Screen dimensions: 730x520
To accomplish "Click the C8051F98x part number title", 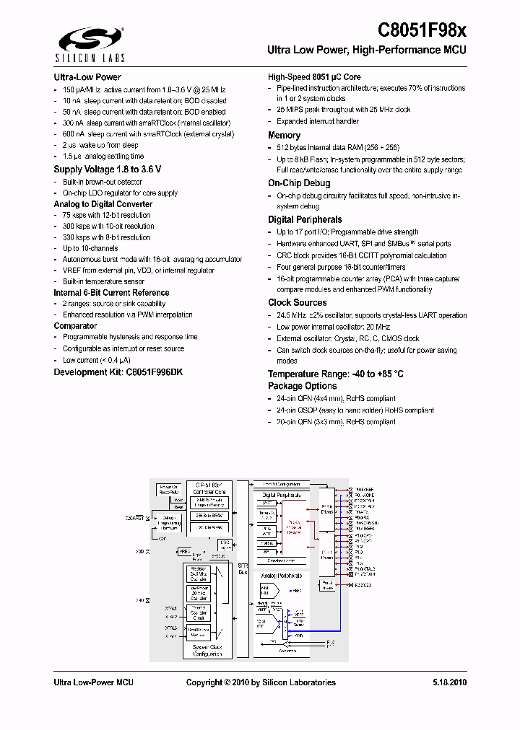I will coord(422,30).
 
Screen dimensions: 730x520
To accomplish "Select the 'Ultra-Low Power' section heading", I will coord(87,77).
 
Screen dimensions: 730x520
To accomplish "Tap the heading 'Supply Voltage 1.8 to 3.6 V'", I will coord(108,170).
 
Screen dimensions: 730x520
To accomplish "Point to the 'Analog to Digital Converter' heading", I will coord(103,204).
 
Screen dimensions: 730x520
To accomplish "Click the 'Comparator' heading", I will coord(75,326).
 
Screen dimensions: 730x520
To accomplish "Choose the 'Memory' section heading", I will coord(285,135).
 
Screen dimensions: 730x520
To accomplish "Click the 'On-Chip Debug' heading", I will coord(299,183).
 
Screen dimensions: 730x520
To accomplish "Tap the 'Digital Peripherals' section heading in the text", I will coord(305,219).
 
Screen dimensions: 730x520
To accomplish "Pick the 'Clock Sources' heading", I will coord(298,303).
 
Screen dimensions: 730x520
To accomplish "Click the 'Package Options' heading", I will coord(303,386).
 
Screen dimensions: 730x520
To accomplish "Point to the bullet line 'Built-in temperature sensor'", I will coord(103,281).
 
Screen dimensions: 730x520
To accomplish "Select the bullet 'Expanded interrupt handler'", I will coord(317,122).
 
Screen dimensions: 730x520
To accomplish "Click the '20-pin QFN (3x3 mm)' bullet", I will coord(336,422).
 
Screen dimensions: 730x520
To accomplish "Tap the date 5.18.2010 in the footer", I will coord(450,682).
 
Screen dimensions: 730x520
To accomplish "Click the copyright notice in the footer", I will coord(261,682).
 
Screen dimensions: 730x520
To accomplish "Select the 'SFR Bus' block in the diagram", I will coord(243,569).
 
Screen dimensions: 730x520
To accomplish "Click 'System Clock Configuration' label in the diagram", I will coord(207,651).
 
